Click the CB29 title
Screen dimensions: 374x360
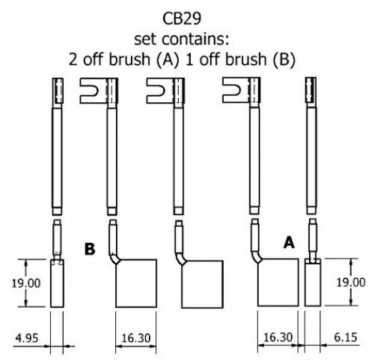(x=182, y=19)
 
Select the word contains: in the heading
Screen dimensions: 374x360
(x=195, y=39)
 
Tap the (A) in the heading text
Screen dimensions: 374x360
(x=167, y=59)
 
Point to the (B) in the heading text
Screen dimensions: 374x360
(x=284, y=59)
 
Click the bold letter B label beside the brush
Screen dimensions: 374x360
(x=90, y=249)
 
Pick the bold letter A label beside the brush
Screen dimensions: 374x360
(x=289, y=243)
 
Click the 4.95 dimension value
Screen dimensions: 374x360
(x=27, y=338)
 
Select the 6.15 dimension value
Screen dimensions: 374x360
(x=345, y=337)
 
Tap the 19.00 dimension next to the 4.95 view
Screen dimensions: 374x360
(x=26, y=284)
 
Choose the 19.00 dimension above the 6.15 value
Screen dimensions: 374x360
(x=351, y=283)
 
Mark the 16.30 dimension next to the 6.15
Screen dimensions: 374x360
(x=278, y=337)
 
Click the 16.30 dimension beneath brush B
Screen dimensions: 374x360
(x=136, y=338)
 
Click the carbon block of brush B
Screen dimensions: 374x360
(x=136, y=284)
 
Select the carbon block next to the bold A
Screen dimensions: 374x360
(x=278, y=282)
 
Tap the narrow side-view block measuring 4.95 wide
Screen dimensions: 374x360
(x=57, y=284)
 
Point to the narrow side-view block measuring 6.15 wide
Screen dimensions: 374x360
(x=313, y=282)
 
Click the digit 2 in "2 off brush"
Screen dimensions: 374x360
(x=73, y=59)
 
